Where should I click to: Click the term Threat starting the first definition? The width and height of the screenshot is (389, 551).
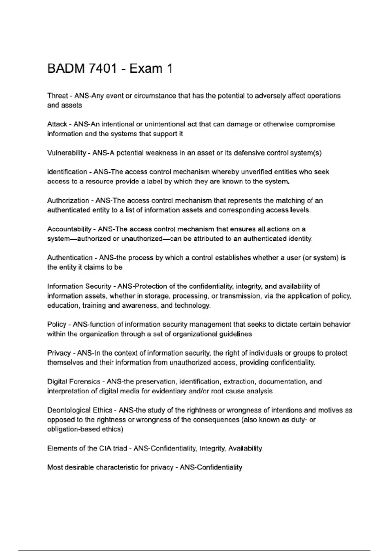[57, 96]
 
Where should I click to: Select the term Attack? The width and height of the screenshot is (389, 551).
[57, 124]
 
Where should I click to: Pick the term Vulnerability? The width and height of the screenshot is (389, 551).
[66, 153]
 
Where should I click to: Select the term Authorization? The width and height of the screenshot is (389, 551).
[68, 201]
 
